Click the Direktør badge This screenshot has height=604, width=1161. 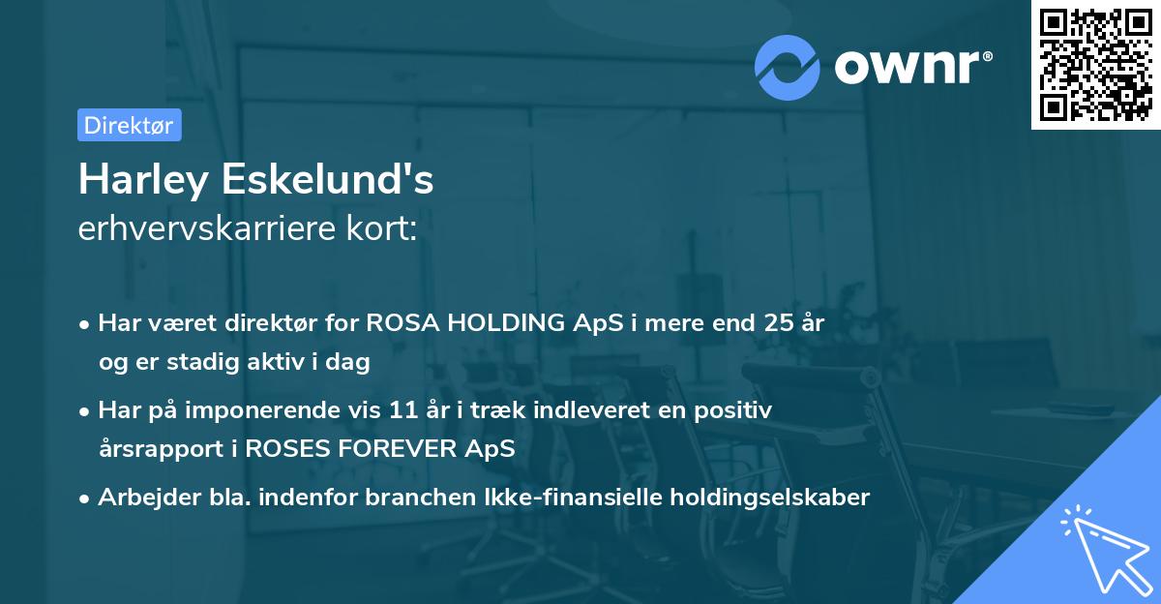(129, 125)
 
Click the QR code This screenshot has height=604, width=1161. (1094, 65)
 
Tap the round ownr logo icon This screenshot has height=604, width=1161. (788, 67)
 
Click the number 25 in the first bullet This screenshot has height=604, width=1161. (777, 323)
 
